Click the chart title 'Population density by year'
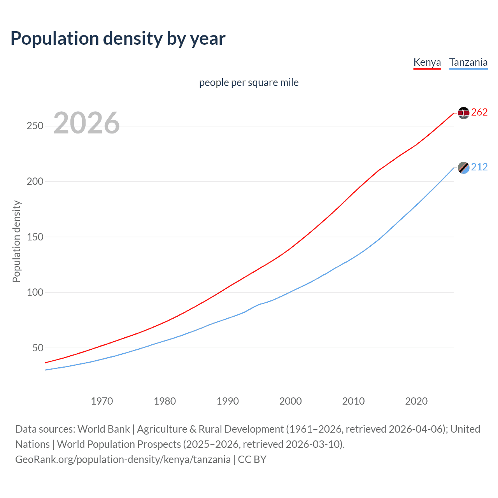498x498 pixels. tap(118, 39)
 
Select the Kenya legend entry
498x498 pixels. tap(427, 62)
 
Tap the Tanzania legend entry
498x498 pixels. tap(468, 62)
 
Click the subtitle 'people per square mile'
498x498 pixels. tap(249, 82)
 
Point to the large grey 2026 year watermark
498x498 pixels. tap(86, 123)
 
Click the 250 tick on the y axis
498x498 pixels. tap(35, 126)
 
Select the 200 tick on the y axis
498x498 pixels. tap(35, 182)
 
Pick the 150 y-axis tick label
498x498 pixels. tap(35, 237)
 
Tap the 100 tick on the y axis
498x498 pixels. tap(35, 292)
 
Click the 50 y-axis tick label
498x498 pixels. tap(38, 348)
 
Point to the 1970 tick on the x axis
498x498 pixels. tap(102, 401)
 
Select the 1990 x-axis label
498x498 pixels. tap(228, 401)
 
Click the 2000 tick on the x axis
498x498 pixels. tap(291, 401)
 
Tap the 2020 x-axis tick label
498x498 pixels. tap(416, 401)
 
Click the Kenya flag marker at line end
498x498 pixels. tap(463, 113)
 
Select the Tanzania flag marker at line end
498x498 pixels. tap(463, 168)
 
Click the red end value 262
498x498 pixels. tap(479, 112)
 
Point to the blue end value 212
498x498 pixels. tap(479, 167)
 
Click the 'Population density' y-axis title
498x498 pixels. tap(16, 241)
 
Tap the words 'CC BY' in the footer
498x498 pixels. tap(252, 459)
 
